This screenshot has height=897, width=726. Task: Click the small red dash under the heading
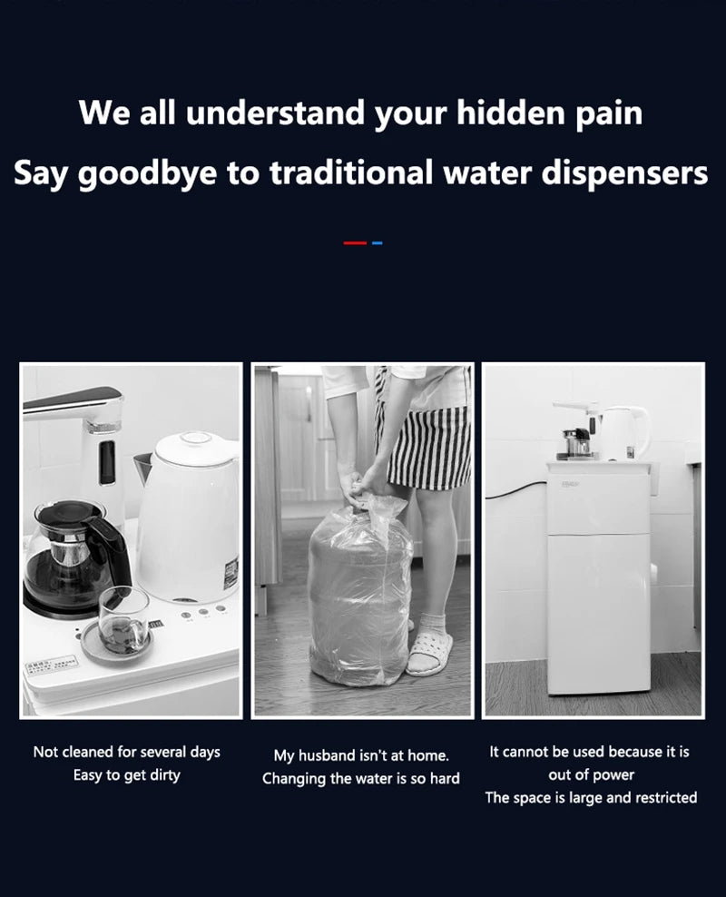[355, 242]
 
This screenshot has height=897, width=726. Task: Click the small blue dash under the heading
[378, 242]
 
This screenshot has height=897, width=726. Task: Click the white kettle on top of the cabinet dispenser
[625, 432]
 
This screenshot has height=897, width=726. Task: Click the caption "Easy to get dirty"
[127, 775]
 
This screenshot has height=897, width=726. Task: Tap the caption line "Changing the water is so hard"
[361, 778]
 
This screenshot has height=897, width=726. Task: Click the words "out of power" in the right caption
[591, 774]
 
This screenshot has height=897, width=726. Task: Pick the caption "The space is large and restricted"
[591, 797]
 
